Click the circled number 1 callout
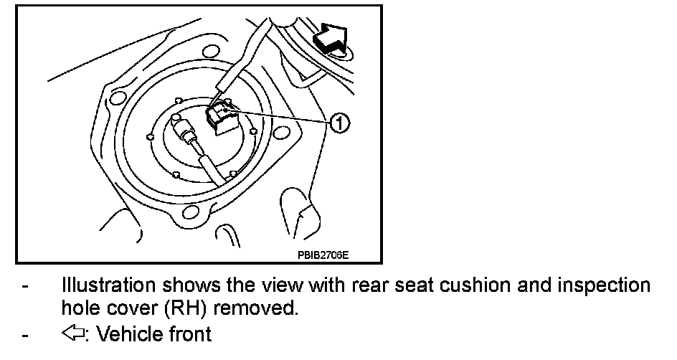tap(339, 124)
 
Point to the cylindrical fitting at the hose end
tap(186, 133)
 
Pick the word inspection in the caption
tap(598, 285)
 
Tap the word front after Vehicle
tap(187, 333)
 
